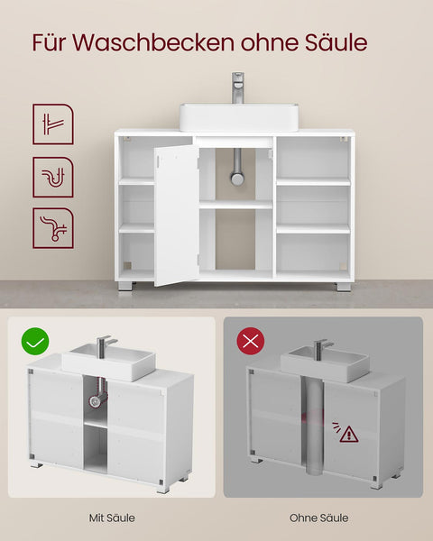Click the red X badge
[x=250, y=343]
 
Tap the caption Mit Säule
[x=110, y=518]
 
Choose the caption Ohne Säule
[x=318, y=518]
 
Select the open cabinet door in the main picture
[x=176, y=215]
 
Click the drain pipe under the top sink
[x=237, y=167]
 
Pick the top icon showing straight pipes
[x=52, y=124]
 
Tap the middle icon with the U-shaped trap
[x=52, y=177]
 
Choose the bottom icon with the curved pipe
[x=52, y=228]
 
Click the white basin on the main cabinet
[x=238, y=116]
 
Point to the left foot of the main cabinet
[x=125, y=285]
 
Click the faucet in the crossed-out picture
[x=320, y=347]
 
